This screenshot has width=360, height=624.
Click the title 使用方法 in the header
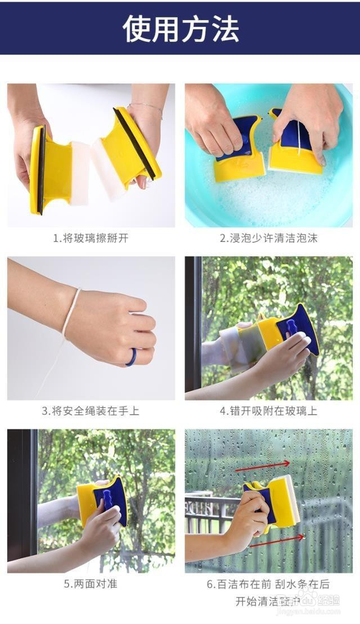point(181,28)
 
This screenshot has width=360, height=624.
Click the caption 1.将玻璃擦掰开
point(91,238)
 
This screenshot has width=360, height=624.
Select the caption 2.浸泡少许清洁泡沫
point(268,238)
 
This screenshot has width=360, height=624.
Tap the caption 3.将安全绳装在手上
point(91,411)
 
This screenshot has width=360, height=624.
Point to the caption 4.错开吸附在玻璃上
point(268,411)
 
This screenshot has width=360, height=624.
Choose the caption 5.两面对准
point(91,583)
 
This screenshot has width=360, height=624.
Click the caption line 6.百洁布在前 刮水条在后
point(268,584)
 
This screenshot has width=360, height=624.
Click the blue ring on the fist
point(130,357)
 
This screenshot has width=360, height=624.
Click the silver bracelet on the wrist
point(145,107)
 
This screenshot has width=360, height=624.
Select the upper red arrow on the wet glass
point(262,465)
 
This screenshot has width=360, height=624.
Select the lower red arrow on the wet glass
point(277,541)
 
